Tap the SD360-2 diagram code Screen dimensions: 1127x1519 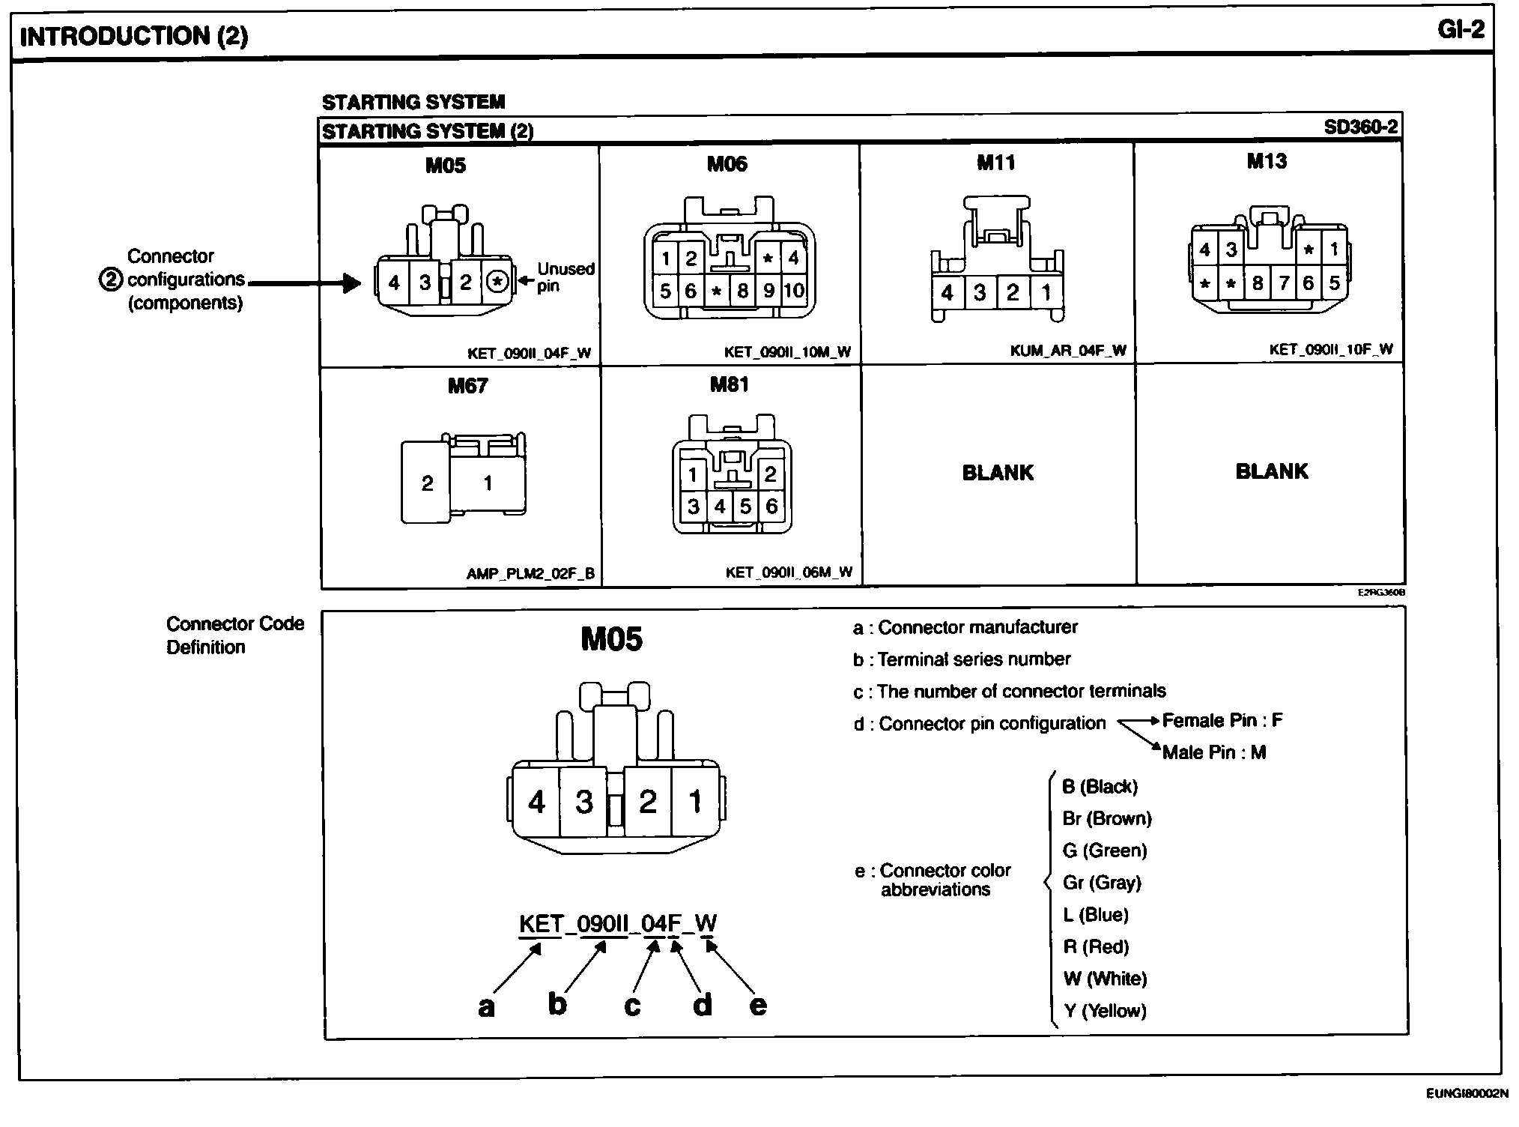(x=1360, y=127)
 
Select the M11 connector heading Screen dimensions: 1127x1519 (x=995, y=163)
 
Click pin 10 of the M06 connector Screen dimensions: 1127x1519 (x=793, y=291)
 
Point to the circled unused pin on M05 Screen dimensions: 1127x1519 (x=497, y=282)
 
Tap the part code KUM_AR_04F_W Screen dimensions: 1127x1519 (x=1068, y=350)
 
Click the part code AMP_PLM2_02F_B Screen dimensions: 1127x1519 (x=530, y=574)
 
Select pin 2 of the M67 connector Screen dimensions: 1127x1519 (x=427, y=483)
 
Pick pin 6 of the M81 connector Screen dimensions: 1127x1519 (x=771, y=507)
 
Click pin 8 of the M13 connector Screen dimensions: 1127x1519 (x=1258, y=283)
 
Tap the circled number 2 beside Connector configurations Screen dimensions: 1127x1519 (x=110, y=280)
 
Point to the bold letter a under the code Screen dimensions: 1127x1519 (x=486, y=1007)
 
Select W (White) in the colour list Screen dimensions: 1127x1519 (x=1105, y=979)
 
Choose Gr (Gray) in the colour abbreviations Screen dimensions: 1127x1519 (x=1102, y=883)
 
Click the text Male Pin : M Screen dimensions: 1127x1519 (x=1213, y=752)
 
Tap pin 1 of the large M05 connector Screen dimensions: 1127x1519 (x=694, y=802)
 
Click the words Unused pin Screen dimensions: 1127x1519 (x=566, y=277)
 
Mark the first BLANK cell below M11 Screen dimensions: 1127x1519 (x=998, y=473)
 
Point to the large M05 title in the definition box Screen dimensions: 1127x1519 (x=611, y=639)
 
